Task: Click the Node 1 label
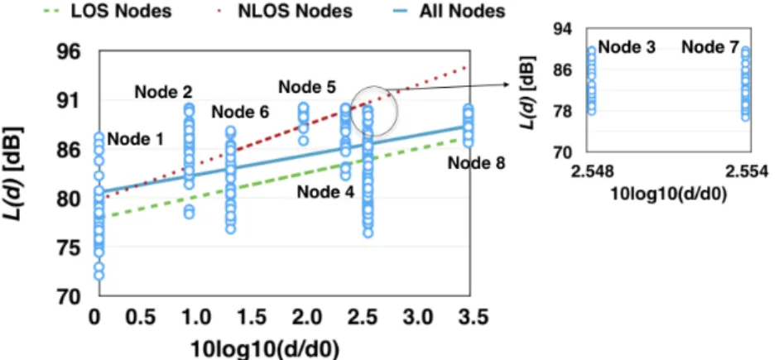[x=136, y=140]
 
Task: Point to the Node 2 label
[x=163, y=92]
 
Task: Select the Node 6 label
[x=240, y=113]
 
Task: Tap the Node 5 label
[x=307, y=87]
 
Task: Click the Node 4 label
[x=326, y=191]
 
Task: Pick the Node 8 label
[x=477, y=162]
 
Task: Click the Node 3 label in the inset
[x=627, y=47]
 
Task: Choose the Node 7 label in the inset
[x=710, y=47]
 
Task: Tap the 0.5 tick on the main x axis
[x=141, y=317]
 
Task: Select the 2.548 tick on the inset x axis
[x=592, y=172]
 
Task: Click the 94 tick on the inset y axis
[x=563, y=30]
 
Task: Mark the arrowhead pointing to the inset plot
[x=507, y=84]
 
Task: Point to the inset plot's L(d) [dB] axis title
[x=529, y=93]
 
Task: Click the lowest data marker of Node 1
[x=99, y=275]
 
